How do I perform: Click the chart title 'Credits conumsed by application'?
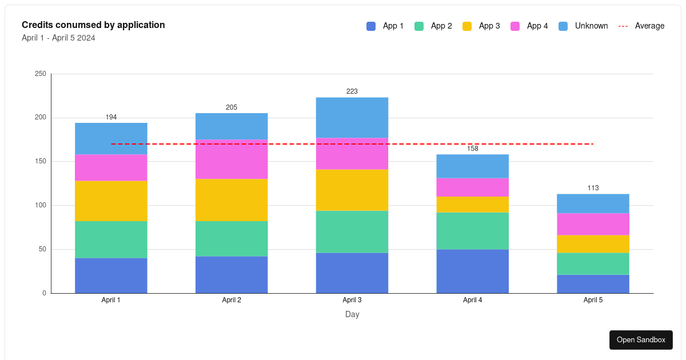coord(93,25)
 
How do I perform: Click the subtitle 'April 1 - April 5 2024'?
coord(58,38)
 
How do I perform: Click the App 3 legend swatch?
coord(467,26)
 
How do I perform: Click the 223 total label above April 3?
coord(352,91)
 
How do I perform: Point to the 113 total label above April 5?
coord(593,188)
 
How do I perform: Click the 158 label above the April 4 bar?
coord(472,149)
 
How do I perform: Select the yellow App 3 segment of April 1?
coord(111,201)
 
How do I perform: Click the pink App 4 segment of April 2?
coord(232,159)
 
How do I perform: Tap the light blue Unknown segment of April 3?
coord(352,117)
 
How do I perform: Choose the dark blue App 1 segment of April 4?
coord(472,271)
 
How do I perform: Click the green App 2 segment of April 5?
coord(593,263)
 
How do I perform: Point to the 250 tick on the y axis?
coord(40,74)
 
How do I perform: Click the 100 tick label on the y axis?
coord(40,205)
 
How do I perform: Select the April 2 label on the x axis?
coord(232,300)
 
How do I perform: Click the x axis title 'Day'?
coord(352,314)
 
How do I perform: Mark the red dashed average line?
coord(412,144)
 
